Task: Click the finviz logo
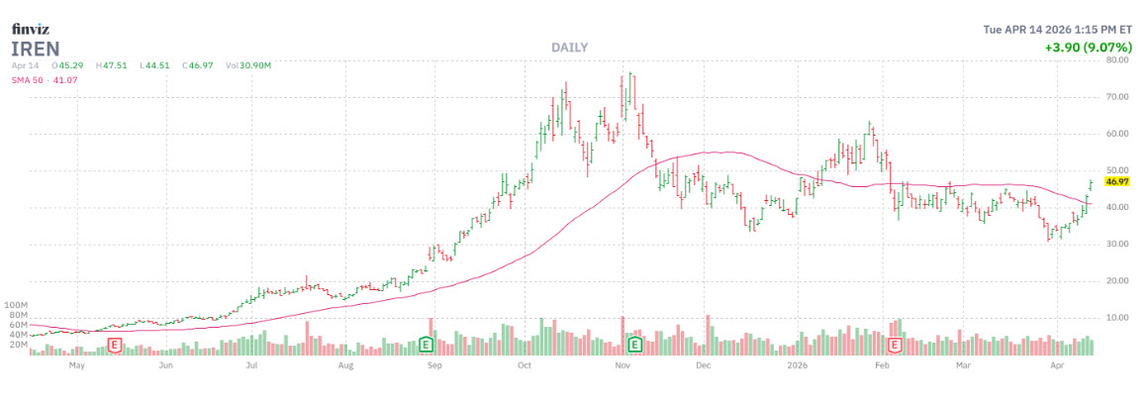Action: point(31,30)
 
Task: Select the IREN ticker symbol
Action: point(36,48)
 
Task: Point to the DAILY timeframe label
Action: point(569,48)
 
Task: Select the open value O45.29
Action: point(68,65)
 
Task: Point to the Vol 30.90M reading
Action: point(247,65)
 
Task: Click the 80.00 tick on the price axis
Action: point(1119,60)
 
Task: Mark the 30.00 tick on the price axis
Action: point(1119,245)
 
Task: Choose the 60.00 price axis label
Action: point(1119,134)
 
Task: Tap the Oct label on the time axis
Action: point(526,364)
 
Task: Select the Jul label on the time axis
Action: point(252,364)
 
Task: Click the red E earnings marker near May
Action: point(115,345)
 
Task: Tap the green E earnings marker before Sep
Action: point(426,345)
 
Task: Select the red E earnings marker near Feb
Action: point(896,345)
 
